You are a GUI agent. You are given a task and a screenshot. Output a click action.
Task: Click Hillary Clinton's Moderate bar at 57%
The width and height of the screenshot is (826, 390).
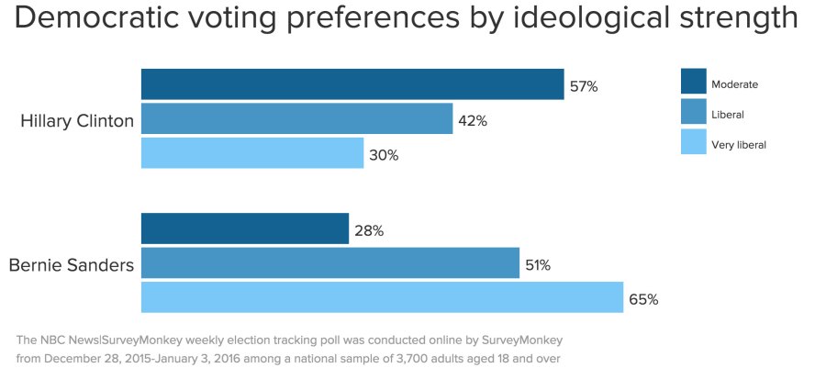[x=352, y=84]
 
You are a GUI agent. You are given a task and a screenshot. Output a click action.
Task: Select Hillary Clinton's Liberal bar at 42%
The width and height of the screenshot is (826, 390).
[x=296, y=119]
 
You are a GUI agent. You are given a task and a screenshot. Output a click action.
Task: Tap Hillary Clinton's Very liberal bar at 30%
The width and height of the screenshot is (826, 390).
[x=252, y=153]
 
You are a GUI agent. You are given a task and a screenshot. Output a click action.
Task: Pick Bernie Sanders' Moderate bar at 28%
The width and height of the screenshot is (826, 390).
[x=244, y=229]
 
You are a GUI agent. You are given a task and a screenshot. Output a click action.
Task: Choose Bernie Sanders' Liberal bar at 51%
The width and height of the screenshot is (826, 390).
[x=329, y=263]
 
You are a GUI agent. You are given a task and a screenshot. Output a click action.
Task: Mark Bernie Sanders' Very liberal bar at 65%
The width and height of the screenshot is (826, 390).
[x=382, y=297]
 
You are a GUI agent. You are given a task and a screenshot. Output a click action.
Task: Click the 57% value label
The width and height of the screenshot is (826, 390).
[x=584, y=86]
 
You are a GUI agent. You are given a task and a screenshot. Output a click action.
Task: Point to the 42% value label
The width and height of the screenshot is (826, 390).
[x=474, y=121]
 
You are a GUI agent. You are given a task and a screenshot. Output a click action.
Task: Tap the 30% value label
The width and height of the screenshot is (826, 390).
[x=384, y=155]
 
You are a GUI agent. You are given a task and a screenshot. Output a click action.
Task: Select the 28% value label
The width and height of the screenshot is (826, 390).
[x=369, y=231]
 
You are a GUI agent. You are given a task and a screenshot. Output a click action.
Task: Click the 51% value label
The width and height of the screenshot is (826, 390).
[x=538, y=265]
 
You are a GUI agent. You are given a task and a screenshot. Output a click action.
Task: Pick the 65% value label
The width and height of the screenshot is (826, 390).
[x=643, y=299]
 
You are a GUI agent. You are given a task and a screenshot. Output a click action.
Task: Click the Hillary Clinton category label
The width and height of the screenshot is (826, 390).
[x=77, y=121]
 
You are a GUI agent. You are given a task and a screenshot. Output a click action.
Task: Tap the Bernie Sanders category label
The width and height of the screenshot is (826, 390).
[x=72, y=265]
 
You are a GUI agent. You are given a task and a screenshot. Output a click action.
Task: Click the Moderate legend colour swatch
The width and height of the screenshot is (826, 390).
[x=693, y=82]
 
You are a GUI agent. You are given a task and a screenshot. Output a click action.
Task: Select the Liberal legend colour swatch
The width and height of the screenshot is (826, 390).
[x=693, y=112]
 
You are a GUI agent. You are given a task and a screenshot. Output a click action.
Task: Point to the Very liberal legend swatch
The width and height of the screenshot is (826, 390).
[x=693, y=142]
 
